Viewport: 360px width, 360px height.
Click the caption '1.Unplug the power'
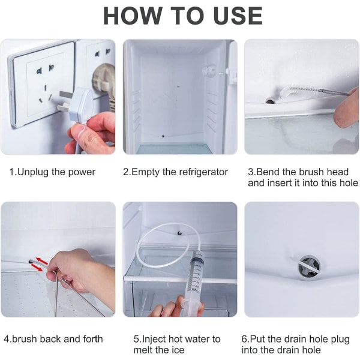pos(52,172)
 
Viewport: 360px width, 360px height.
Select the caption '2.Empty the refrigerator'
pos(175,172)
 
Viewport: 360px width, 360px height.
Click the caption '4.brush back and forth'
pos(53,339)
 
